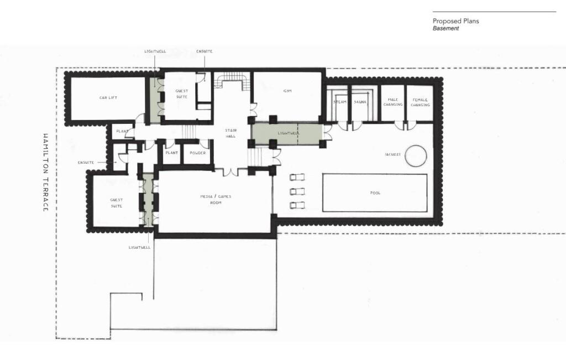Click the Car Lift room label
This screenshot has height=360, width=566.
pyautogui.click(x=108, y=98)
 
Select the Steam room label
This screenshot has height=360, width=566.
pyautogui.click(x=339, y=102)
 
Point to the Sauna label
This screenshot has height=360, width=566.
pyautogui.click(x=360, y=102)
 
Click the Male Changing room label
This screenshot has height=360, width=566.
pyautogui.click(x=392, y=102)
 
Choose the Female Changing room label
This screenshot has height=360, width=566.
pyautogui.click(x=420, y=102)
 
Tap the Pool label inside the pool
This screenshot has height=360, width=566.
pyautogui.click(x=375, y=193)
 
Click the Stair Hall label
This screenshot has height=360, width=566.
pyautogui.click(x=230, y=133)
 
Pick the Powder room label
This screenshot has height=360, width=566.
pyautogui.click(x=197, y=153)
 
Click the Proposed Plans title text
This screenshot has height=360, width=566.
pyautogui.click(x=455, y=21)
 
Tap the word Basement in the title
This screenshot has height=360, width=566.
pyautogui.click(x=446, y=28)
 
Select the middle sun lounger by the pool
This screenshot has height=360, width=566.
pyautogui.click(x=297, y=191)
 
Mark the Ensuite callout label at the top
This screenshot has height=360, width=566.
pyautogui.click(x=204, y=51)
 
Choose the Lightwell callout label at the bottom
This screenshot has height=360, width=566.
pyautogui.click(x=139, y=247)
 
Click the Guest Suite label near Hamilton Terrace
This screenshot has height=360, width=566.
pyautogui.click(x=116, y=203)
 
